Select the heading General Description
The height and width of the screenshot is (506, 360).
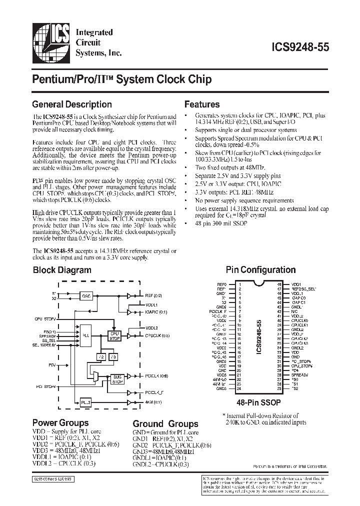[72, 104]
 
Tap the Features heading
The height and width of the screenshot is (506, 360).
[202, 104]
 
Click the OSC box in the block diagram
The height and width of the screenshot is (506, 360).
[87, 295]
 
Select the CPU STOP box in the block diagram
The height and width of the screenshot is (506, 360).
[115, 335]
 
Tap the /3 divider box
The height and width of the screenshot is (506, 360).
[113, 357]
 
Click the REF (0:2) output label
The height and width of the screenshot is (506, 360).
[154, 295]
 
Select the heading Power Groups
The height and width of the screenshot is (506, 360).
[60, 422]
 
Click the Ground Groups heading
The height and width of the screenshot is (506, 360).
[165, 424]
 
